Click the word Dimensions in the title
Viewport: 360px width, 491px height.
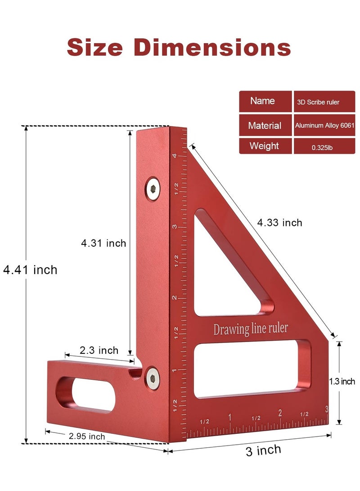tap(212, 47)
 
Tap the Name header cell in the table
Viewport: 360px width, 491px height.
tap(265, 101)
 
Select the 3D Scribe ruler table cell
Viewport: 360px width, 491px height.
tap(324, 102)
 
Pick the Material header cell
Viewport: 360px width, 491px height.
tap(265, 126)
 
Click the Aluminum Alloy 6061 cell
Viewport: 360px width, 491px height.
tap(324, 126)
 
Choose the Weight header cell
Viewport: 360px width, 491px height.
tap(265, 146)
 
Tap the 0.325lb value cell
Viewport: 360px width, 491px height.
tap(324, 147)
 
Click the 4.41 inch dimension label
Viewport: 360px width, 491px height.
tap(30, 270)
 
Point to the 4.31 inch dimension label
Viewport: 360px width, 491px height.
tap(103, 243)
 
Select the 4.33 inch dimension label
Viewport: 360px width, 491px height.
tap(279, 222)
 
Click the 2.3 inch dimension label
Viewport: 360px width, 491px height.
tap(99, 350)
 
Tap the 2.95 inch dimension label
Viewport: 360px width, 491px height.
tap(87, 436)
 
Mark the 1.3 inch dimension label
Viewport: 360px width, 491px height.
tap(342, 382)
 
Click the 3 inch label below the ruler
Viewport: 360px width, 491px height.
tap(263, 450)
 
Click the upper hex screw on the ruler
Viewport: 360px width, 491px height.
tap(153, 189)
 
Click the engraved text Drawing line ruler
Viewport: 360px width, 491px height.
tap(250, 329)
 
